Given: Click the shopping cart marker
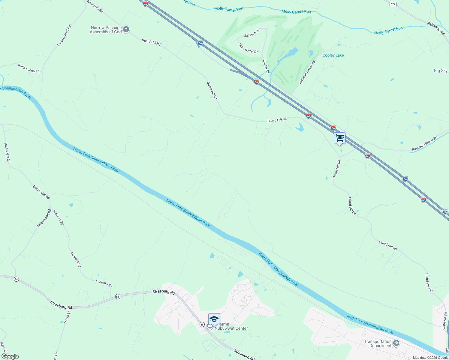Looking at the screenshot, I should tap(339, 138).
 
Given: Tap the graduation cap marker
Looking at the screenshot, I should tap(214, 319).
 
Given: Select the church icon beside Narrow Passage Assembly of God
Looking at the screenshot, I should tap(126, 29).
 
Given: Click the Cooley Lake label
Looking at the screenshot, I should tap(333, 55).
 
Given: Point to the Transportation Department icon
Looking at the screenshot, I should tap(396, 343).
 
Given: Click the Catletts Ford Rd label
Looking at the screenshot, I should tap(64, 36).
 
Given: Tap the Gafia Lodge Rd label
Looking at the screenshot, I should tap(29, 68).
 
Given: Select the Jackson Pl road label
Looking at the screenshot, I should tap(252, 33).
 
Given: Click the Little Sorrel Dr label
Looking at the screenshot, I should tap(248, 48).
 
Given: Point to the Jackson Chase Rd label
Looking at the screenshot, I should tap(307, 72).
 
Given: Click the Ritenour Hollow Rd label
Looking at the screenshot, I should tap(425, 144).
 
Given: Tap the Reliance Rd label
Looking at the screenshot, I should tap(436, 28).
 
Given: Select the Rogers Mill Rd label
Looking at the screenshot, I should tap(44, 218).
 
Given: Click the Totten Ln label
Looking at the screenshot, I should tap(67, 317).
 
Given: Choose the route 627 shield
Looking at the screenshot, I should tap(393, 4).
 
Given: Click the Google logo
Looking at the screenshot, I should tap(10, 356).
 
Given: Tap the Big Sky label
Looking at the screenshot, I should tap(441, 71).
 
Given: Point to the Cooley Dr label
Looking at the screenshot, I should tap(266, 66).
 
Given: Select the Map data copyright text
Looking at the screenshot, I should tap(430, 358).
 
